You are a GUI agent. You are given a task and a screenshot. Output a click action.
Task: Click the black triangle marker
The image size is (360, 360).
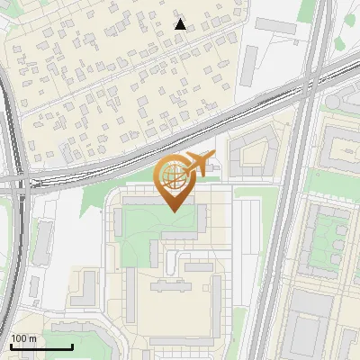[180, 24]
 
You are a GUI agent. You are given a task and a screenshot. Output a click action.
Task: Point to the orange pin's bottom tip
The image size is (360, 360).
[174, 211]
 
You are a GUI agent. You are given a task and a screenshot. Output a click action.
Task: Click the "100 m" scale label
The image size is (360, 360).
[23, 338]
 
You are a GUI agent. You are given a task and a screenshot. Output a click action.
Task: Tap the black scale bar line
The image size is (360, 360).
[41, 346]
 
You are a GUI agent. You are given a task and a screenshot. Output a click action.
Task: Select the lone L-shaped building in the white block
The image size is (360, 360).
[85, 288]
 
